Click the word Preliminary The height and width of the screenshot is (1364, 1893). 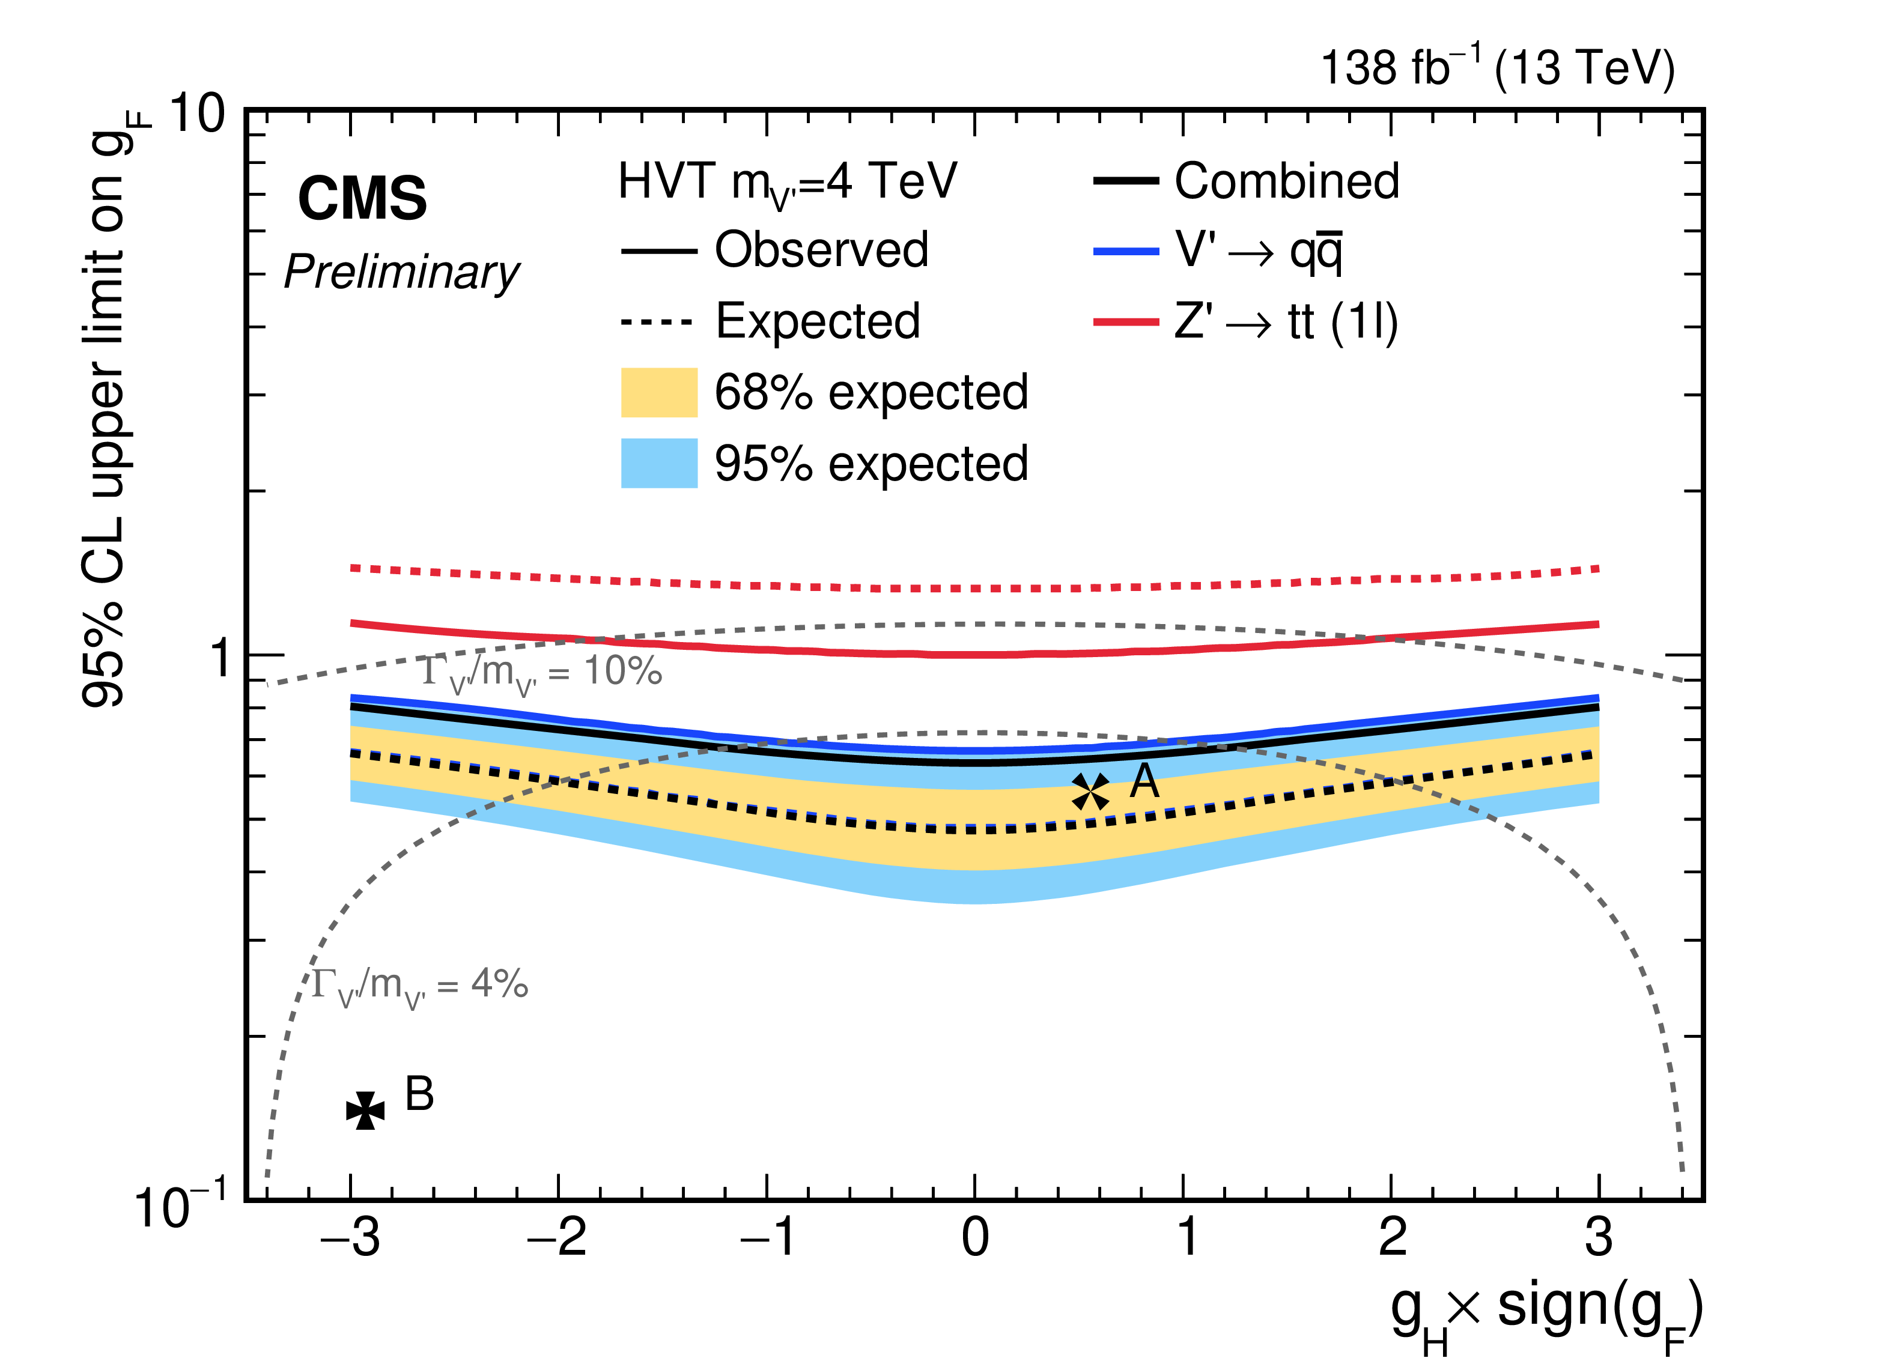pos(401,273)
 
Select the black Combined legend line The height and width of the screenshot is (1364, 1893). pos(1125,181)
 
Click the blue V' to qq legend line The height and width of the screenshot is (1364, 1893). pos(1125,251)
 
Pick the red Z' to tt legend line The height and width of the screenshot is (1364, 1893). pos(1125,322)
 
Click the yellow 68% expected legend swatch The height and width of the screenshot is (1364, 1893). pos(658,392)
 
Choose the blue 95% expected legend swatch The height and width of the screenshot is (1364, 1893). pos(658,463)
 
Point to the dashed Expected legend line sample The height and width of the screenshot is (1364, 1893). pos(658,322)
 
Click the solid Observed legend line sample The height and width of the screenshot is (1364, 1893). pos(658,251)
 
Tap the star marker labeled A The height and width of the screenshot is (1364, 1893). pos(1090,792)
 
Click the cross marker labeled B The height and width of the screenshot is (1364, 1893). pos(366,1111)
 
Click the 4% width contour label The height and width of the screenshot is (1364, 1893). pos(420,986)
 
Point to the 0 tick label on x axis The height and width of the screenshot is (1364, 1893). pos(975,1238)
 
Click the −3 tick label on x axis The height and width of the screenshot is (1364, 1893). pos(351,1238)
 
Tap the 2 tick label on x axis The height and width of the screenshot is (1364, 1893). pos(1392,1238)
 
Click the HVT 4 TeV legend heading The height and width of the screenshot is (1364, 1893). pos(787,183)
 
